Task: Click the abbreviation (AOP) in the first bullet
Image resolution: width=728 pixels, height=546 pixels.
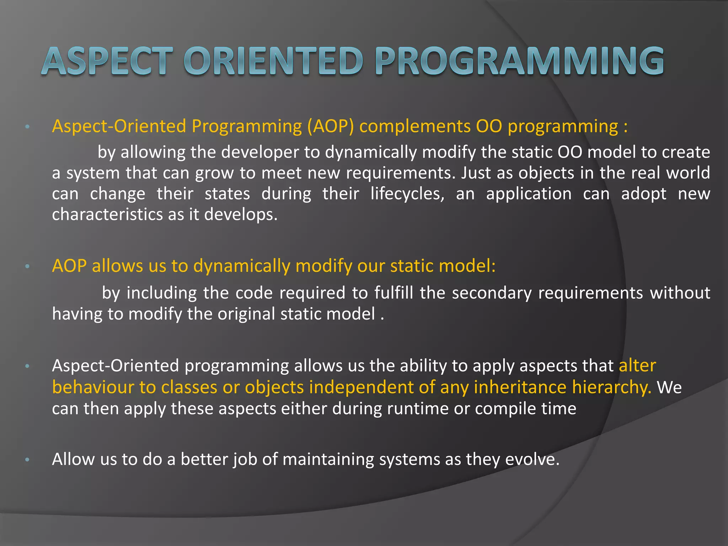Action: coord(331,127)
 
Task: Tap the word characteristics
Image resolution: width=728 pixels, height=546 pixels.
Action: coord(107,215)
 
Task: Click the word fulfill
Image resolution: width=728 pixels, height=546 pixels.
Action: coord(394,293)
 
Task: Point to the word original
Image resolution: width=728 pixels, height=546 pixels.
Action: coord(246,314)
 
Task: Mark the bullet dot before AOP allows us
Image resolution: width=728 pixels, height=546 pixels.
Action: coord(27,267)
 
